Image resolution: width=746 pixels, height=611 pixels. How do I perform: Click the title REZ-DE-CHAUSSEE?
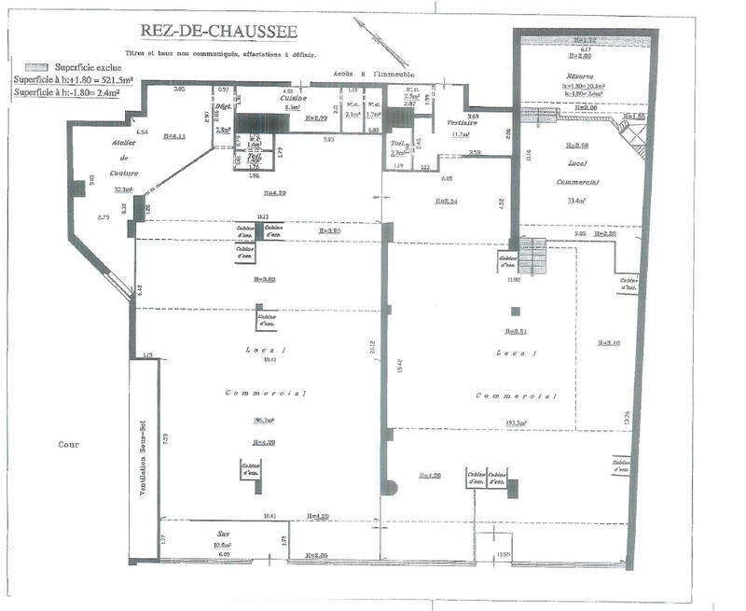tap(218, 33)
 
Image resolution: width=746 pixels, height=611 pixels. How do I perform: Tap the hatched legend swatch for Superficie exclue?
tap(36, 68)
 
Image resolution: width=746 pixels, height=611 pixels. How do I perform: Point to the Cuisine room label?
tap(294, 97)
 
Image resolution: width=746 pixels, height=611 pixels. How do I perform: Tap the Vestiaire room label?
tap(463, 123)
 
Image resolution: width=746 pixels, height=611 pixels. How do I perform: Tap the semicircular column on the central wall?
tap(392, 487)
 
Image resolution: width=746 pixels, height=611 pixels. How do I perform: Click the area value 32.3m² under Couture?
tap(123, 188)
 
